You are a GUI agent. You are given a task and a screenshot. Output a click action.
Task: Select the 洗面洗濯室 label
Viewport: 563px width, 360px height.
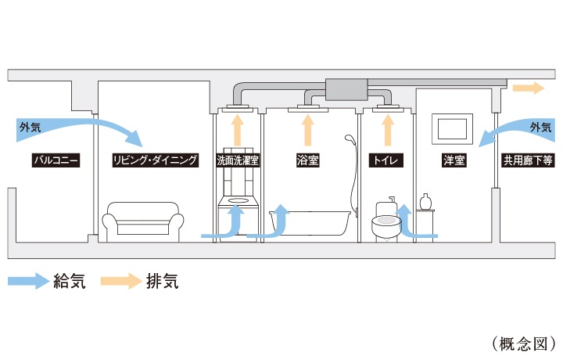pos(238,161)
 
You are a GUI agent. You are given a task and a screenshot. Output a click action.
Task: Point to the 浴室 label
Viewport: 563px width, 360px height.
pos(307,161)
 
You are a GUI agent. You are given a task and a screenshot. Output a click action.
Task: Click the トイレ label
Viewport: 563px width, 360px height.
pos(385,161)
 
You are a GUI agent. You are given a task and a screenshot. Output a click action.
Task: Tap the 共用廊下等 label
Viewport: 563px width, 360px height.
pos(529,161)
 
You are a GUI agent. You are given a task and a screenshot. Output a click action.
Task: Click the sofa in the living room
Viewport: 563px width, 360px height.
pos(145,220)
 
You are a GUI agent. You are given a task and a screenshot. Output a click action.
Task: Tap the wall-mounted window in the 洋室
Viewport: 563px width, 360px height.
pos(453,128)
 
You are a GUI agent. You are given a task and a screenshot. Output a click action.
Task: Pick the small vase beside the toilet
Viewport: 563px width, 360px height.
pos(425,202)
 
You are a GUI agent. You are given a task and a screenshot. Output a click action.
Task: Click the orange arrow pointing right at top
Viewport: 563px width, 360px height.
pos(528,88)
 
